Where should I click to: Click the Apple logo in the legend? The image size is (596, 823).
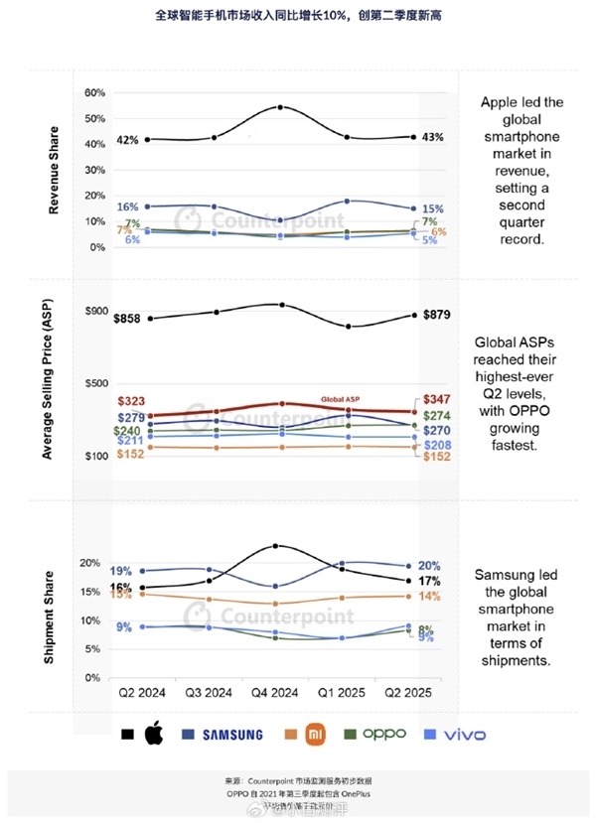[x=153, y=735]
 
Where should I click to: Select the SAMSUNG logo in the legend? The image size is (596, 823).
[x=228, y=735]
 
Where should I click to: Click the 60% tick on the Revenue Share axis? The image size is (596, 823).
[x=95, y=92]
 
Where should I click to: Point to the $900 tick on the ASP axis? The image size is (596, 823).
[x=95, y=311]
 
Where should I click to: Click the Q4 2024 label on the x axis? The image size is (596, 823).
[x=280, y=692]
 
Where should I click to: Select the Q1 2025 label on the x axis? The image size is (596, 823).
[x=345, y=692]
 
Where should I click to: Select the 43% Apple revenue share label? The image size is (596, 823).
[x=432, y=137]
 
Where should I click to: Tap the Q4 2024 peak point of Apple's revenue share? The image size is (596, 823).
[x=280, y=107]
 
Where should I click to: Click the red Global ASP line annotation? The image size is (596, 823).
[x=339, y=400]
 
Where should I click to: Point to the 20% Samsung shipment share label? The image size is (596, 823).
[x=430, y=565]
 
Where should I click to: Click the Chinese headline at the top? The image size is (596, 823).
[x=297, y=17]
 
